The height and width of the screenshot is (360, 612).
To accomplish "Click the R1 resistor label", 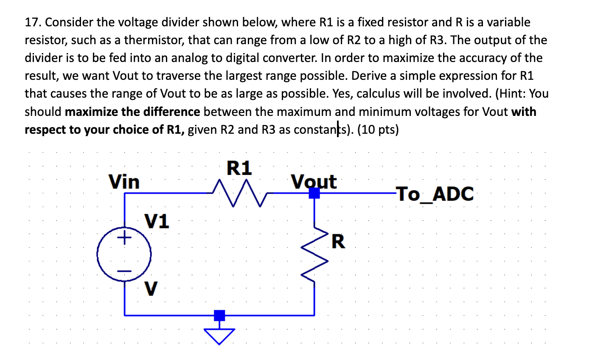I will click(x=239, y=168).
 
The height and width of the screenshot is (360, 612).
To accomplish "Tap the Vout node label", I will click(x=314, y=182).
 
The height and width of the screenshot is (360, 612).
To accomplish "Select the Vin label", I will click(x=124, y=182).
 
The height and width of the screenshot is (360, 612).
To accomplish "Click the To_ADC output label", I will click(x=435, y=194).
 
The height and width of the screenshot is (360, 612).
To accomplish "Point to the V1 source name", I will click(x=157, y=221).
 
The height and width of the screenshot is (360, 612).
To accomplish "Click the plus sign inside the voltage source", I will click(x=124, y=239).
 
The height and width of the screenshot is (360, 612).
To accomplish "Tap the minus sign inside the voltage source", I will click(x=124, y=271).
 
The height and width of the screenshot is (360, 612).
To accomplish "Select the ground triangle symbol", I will click(x=219, y=336).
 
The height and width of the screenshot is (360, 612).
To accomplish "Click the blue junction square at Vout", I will click(x=314, y=193).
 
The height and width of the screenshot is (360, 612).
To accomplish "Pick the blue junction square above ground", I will click(x=219, y=315).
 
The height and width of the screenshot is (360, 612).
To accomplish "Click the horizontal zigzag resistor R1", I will click(x=239, y=193).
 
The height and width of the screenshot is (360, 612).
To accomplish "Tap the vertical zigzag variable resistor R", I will click(x=314, y=255).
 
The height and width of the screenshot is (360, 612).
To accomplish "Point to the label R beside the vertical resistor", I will click(x=338, y=242).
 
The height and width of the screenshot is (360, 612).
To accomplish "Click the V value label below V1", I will click(x=151, y=289).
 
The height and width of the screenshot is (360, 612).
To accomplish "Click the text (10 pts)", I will click(x=378, y=129).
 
